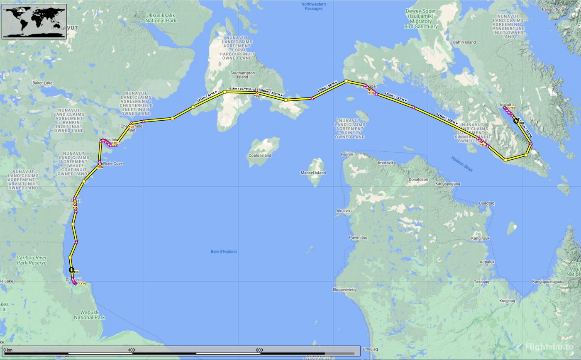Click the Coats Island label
point(260,156)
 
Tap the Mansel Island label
point(313,173)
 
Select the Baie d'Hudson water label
point(224,251)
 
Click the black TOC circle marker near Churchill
point(71,270)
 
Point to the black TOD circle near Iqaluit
point(516,121)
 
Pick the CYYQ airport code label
point(82,284)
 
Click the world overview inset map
point(34,22)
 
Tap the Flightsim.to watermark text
point(549,347)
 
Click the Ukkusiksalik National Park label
point(161,17)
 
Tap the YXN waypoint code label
point(100,168)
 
